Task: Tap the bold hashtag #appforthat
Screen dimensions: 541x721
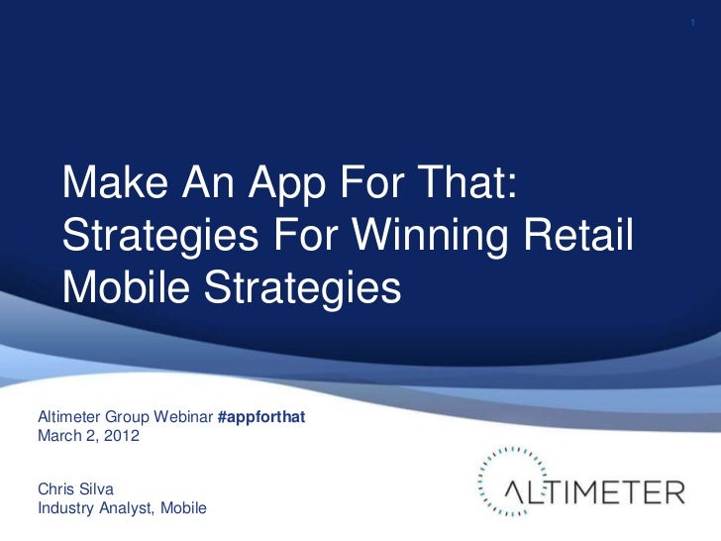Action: coord(259,417)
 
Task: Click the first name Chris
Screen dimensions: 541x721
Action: coord(55,488)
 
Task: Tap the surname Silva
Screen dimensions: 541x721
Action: coord(97,488)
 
